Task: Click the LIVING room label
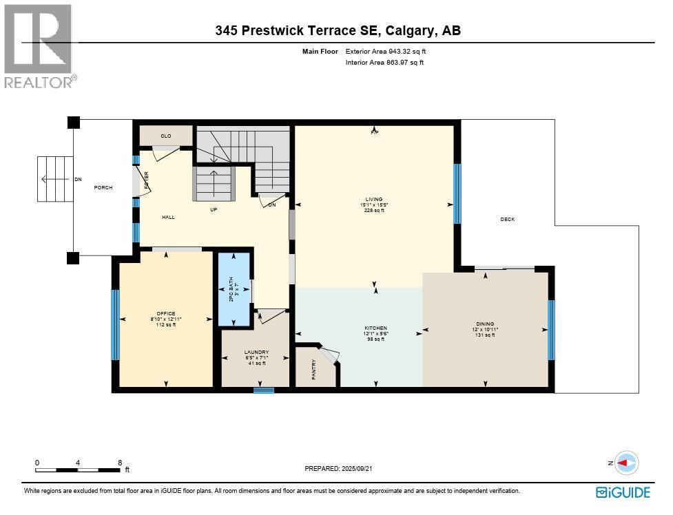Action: tap(374, 200)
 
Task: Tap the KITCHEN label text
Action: tap(376, 328)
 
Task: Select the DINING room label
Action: tap(485, 324)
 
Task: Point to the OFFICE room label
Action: tap(166, 314)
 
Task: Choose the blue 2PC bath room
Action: tap(234, 290)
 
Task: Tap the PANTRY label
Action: tap(313, 369)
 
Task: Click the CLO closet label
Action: tap(166, 136)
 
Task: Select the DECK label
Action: tap(507, 220)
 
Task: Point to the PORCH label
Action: tap(103, 188)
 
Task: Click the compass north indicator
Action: tap(625, 463)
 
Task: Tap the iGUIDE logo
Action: tap(623, 492)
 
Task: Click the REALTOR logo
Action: tap(39, 46)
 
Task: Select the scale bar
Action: tap(79, 470)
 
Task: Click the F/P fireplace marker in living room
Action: tap(375, 131)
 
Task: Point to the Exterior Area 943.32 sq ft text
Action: tap(390, 51)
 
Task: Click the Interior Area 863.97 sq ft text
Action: tap(384, 63)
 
